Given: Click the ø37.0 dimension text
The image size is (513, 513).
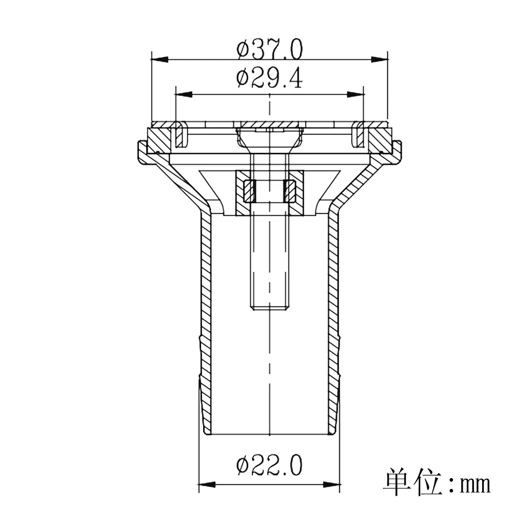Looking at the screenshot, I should pyautogui.click(x=269, y=50).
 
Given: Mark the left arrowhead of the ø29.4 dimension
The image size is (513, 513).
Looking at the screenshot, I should pyautogui.click(x=184, y=94).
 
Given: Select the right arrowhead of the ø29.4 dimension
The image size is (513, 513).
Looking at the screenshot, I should pyautogui.click(x=355, y=94).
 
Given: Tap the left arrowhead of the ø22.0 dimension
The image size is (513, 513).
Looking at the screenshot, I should pyautogui.click(x=206, y=484).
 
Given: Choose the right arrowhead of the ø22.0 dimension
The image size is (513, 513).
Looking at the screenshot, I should pyautogui.click(x=332, y=484).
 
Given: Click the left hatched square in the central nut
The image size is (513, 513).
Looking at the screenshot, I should pyautogui.click(x=249, y=191).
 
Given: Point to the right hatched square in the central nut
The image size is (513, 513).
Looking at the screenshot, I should pyautogui.click(x=290, y=191).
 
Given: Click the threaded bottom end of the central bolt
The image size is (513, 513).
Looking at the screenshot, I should pyautogui.click(x=269, y=306).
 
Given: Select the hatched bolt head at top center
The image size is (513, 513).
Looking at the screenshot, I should pyautogui.click(x=269, y=125).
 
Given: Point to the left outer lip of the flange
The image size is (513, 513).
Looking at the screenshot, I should pyautogui.click(x=142, y=153).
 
